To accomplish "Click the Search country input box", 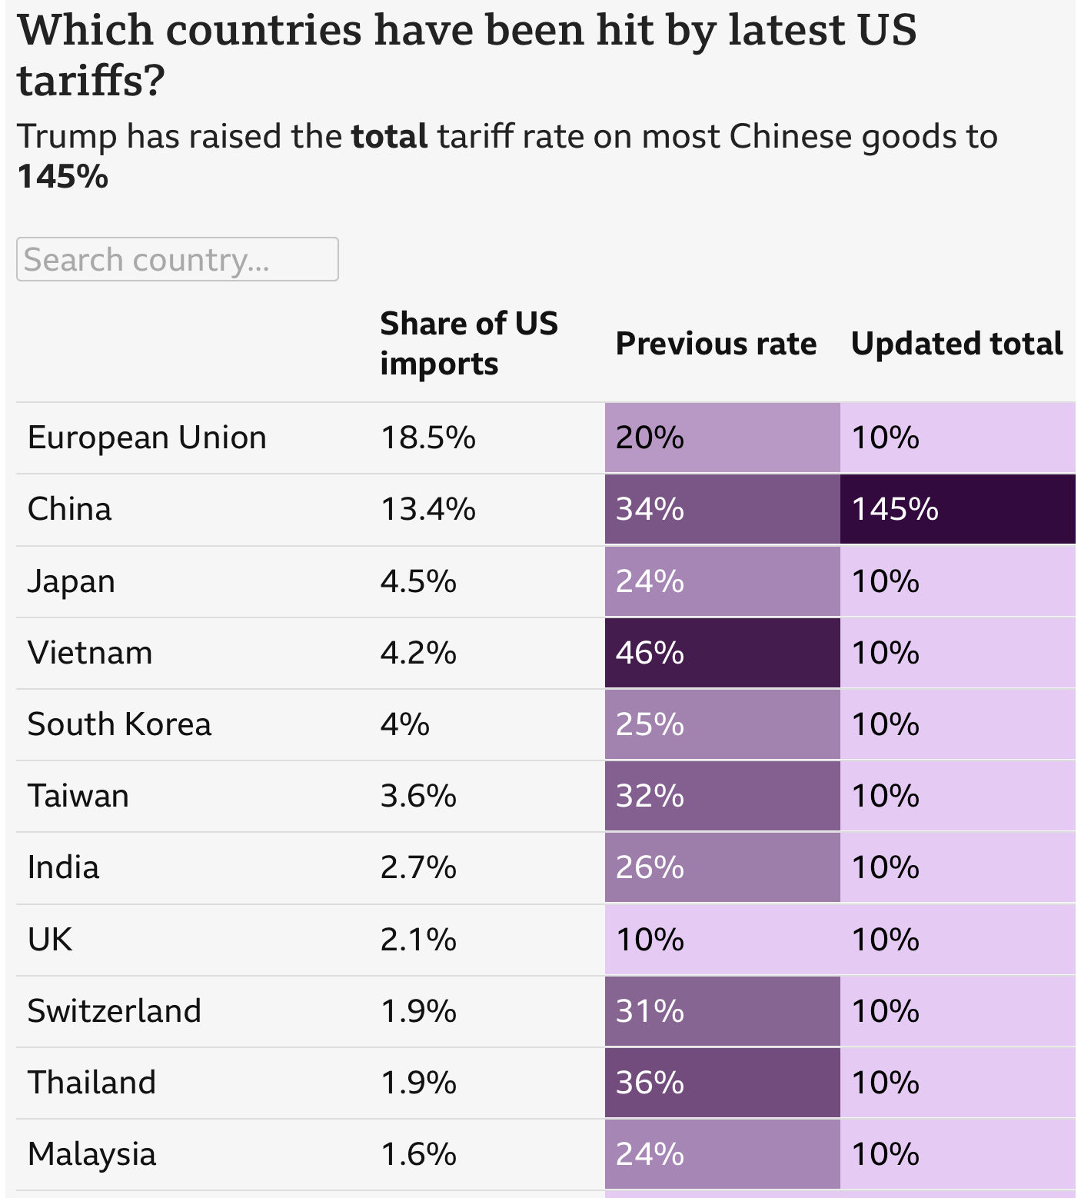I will pos(177,259).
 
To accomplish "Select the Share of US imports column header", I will pos(468,343).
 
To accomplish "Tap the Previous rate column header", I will pos(715,343).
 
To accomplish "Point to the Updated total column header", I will pos(956,343).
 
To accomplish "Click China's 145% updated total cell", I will pos(956,509).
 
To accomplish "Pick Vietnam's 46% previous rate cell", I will pos(721,653).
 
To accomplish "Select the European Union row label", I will pos(147,438).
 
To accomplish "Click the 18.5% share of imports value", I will pos(427,438).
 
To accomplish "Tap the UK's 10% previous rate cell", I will pos(721,940).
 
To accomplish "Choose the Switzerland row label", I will pos(114,1010).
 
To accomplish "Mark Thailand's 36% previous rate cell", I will pos(721,1083).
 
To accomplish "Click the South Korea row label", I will pos(119,724).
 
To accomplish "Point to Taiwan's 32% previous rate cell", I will pos(721,796).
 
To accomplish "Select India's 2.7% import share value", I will pos(418,867).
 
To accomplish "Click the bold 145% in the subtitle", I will pos(62,177).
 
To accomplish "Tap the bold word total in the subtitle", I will pos(389,137).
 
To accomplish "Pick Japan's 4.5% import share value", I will pos(418,581).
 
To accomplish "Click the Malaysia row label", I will pos(91,1154).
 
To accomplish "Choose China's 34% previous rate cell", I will pos(721,509).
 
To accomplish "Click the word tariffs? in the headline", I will pos(91,81).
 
